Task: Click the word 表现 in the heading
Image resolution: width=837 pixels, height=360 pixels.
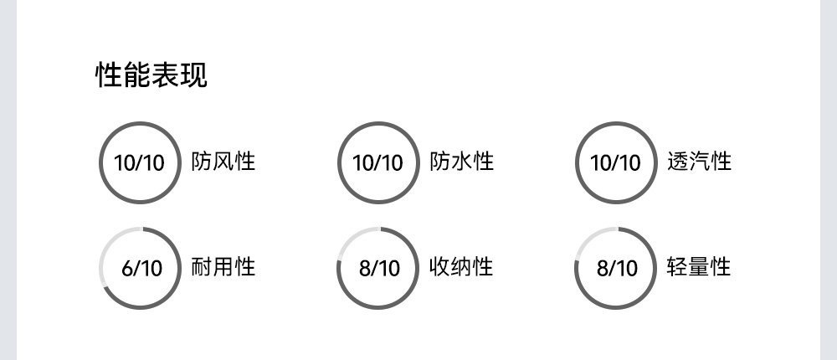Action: pyautogui.click(x=179, y=75)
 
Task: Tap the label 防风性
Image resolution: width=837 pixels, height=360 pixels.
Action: pyautogui.click(x=223, y=161)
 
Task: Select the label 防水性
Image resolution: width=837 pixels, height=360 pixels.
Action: pyautogui.click(x=461, y=161)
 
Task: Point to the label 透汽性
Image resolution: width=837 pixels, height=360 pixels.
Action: pyautogui.click(x=700, y=161)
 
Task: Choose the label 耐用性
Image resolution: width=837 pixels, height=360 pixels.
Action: pyautogui.click(x=223, y=267)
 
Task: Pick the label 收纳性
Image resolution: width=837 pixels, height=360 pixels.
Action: pyautogui.click(x=461, y=267)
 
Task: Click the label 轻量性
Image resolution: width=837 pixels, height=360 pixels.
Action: pyautogui.click(x=700, y=267)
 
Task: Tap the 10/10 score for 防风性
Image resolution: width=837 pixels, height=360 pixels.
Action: pyautogui.click(x=140, y=162)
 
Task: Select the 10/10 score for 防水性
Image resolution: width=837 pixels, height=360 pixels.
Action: pyautogui.click(x=378, y=162)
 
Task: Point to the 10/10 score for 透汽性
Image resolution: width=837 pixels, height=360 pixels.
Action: pyautogui.click(x=616, y=162)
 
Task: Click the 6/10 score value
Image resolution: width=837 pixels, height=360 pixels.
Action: pyautogui.click(x=141, y=269)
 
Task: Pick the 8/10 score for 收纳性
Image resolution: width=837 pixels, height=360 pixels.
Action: pyautogui.click(x=379, y=269)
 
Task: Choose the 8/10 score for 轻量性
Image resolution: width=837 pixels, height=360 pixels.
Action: pyautogui.click(x=617, y=269)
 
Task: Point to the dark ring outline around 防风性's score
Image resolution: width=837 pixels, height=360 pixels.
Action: pyautogui.click(x=140, y=123)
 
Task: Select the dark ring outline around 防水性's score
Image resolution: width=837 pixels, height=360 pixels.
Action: pyautogui.click(x=378, y=123)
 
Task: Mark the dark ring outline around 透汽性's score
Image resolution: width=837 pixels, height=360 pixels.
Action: pyautogui.click(x=616, y=123)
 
